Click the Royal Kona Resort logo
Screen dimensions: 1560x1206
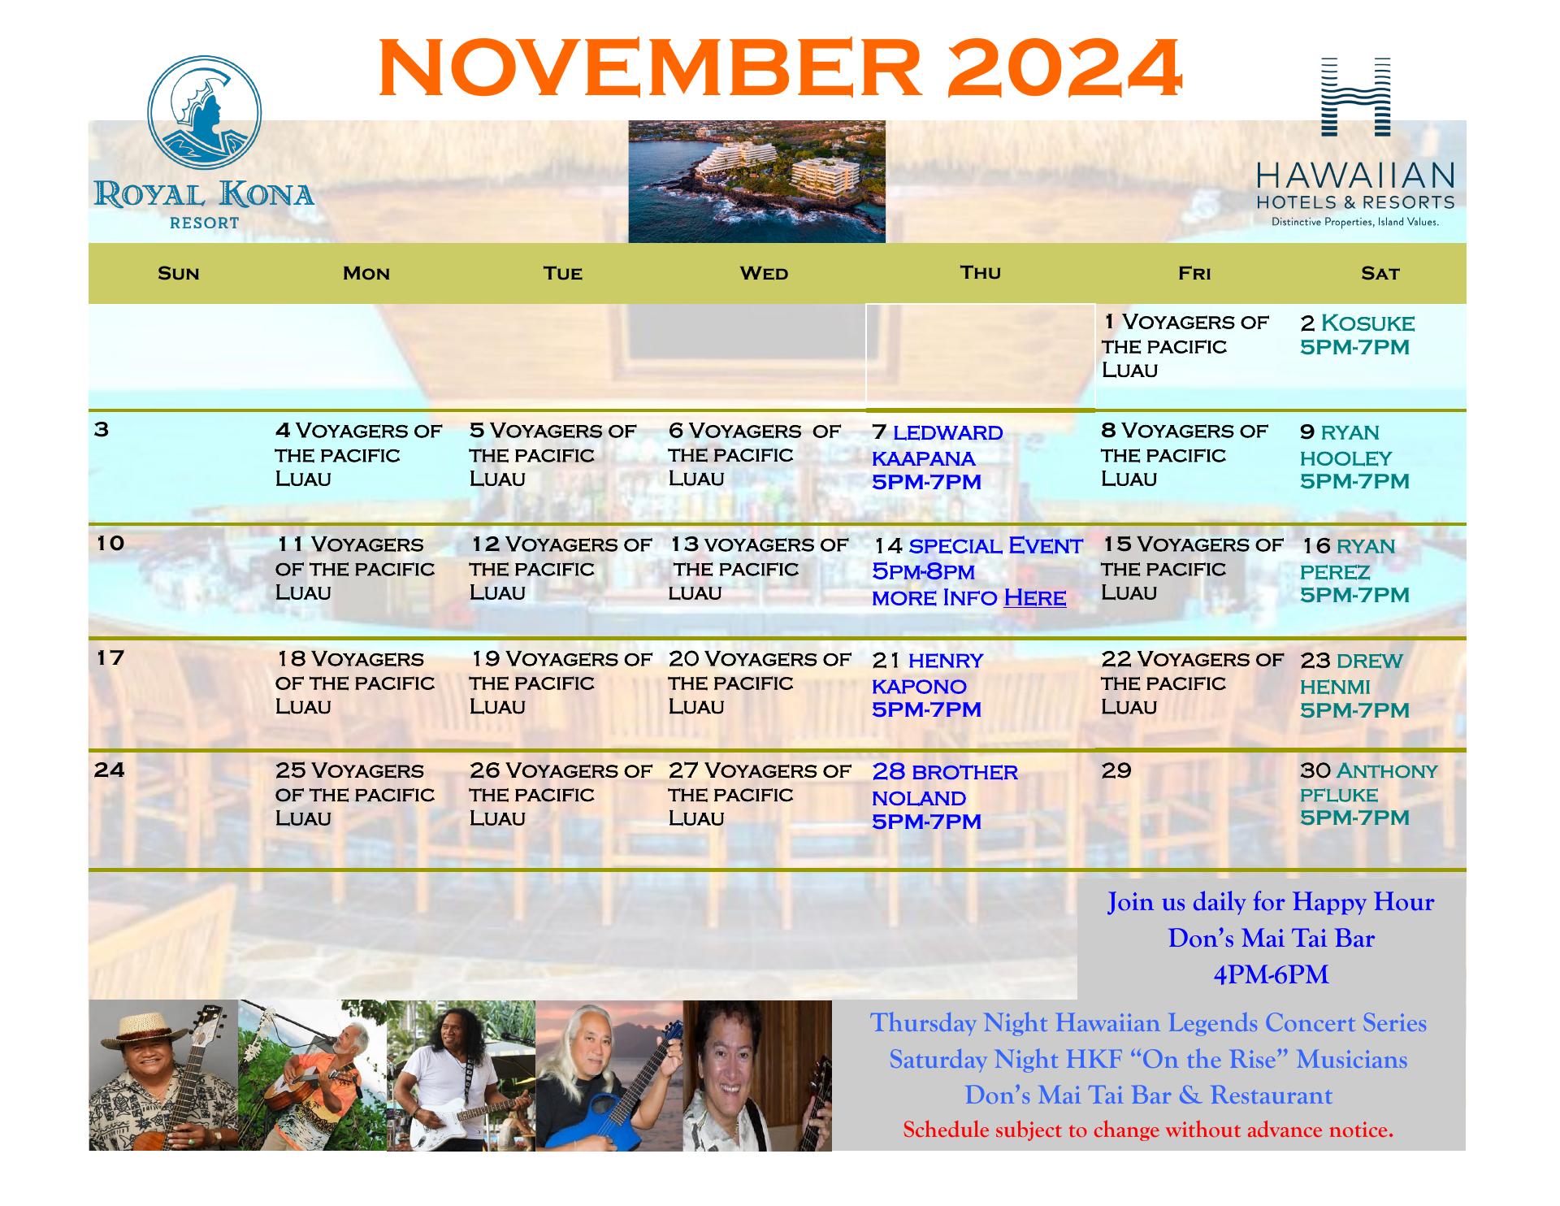(204, 143)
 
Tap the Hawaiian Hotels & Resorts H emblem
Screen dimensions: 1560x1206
(1355, 96)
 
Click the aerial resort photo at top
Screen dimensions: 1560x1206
(756, 181)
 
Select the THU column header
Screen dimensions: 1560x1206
(980, 272)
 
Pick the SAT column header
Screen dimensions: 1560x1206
(1380, 274)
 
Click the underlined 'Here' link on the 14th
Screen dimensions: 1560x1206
(1034, 598)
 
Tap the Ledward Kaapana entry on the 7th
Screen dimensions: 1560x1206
(937, 457)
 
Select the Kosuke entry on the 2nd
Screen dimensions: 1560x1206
(1357, 335)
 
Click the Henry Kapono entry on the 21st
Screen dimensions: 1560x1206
(927, 684)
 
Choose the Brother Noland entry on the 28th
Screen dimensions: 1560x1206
(944, 796)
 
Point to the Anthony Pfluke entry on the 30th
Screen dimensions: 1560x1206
(1368, 794)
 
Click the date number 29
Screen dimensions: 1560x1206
(1116, 770)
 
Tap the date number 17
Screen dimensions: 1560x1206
(110, 657)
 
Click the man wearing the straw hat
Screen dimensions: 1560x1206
(163, 1075)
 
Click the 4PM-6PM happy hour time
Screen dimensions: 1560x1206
(1271, 975)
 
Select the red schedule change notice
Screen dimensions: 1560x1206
(1148, 1130)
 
